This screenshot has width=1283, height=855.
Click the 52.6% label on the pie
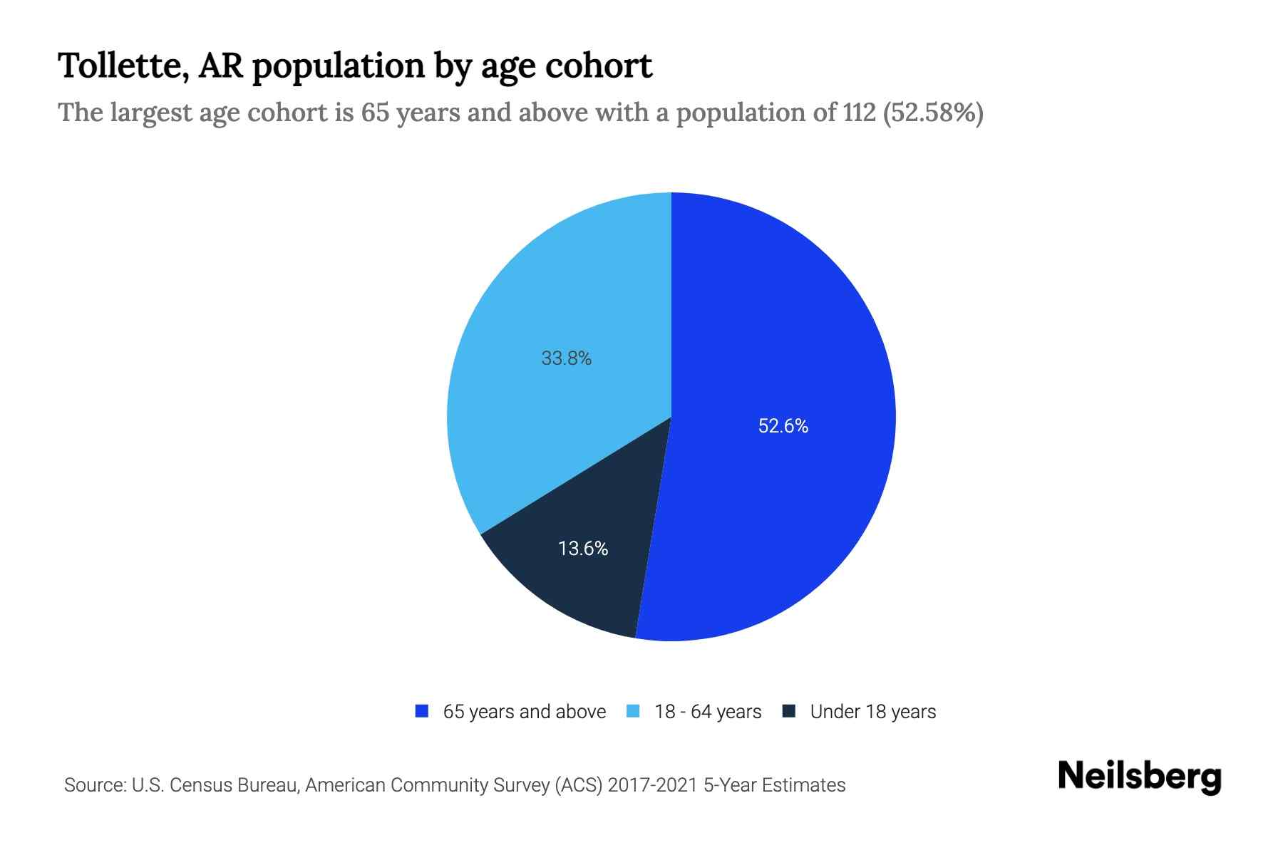coord(783,426)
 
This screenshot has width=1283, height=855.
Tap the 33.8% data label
coord(566,358)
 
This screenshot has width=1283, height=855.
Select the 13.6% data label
coord(582,549)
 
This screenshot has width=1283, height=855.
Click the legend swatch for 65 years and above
coord(422,711)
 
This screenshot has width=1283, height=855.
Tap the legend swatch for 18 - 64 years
coord(633,711)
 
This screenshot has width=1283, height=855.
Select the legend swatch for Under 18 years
coord(788,711)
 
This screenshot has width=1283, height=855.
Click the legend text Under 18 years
coord(872,712)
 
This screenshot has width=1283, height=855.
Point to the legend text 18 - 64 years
coord(708,712)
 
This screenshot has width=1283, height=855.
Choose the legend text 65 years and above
coord(524,712)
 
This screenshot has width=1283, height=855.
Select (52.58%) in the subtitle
coord(933,113)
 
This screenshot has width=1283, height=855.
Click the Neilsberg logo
coord(1139,777)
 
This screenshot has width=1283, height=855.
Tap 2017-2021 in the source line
coord(652,785)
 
